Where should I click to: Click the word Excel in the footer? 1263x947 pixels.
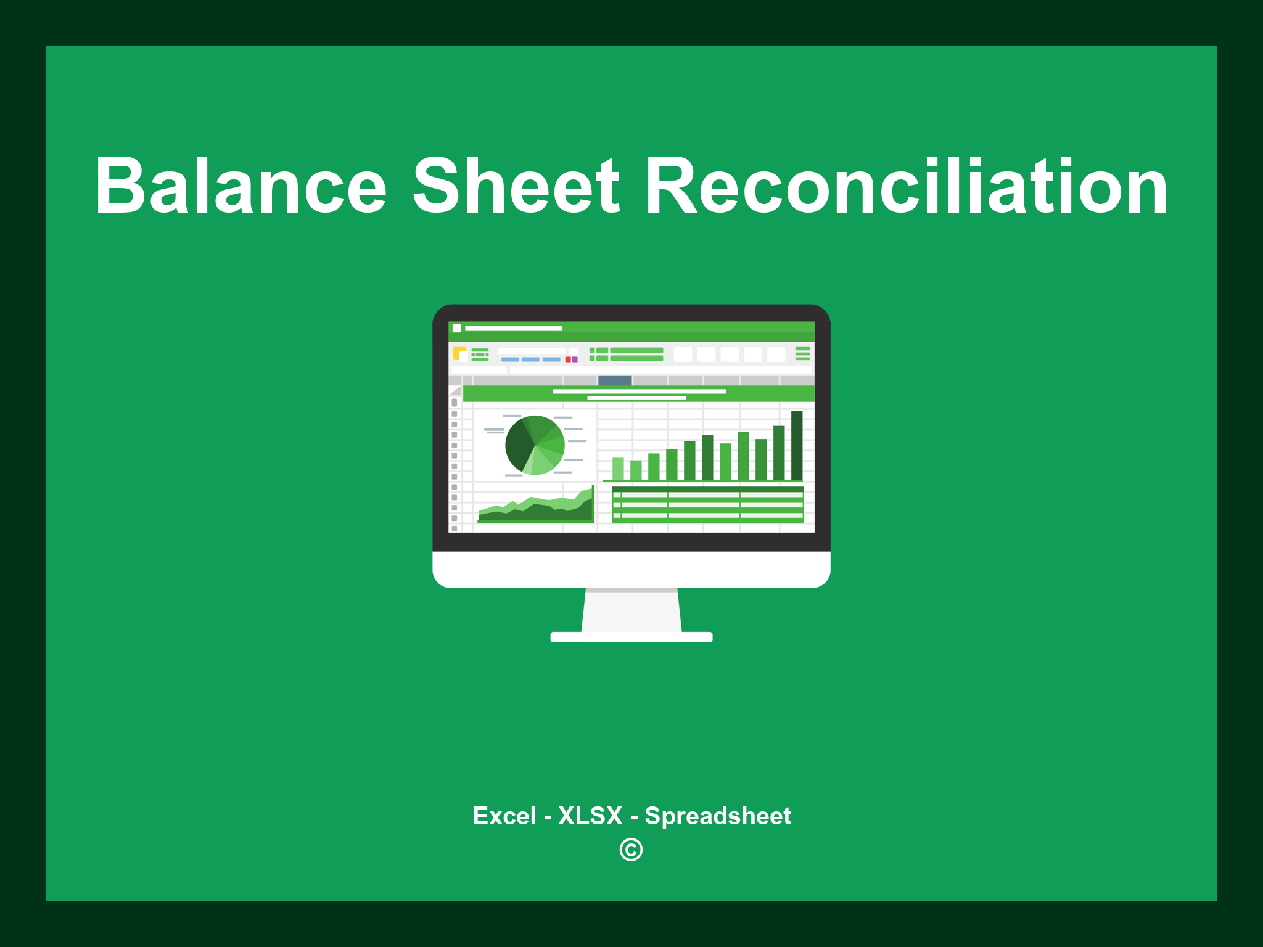[504, 816]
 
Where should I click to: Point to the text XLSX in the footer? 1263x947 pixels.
[590, 816]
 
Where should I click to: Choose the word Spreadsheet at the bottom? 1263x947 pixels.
[717, 816]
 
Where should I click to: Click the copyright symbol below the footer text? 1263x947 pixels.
[631, 850]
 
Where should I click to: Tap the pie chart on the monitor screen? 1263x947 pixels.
[535, 445]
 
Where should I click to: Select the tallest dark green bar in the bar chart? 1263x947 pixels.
[797, 445]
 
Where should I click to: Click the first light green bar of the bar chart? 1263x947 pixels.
[618, 469]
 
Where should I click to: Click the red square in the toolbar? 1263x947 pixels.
[568, 359]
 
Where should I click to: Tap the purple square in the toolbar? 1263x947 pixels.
[575, 359]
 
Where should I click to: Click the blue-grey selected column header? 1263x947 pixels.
[615, 380]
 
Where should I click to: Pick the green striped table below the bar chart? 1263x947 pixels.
[707, 505]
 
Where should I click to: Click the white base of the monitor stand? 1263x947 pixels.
[631, 637]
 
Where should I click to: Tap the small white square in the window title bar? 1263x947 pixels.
[457, 329]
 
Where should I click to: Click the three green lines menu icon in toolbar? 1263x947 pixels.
[802, 353]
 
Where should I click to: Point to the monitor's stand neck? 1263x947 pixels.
[631, 610]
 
